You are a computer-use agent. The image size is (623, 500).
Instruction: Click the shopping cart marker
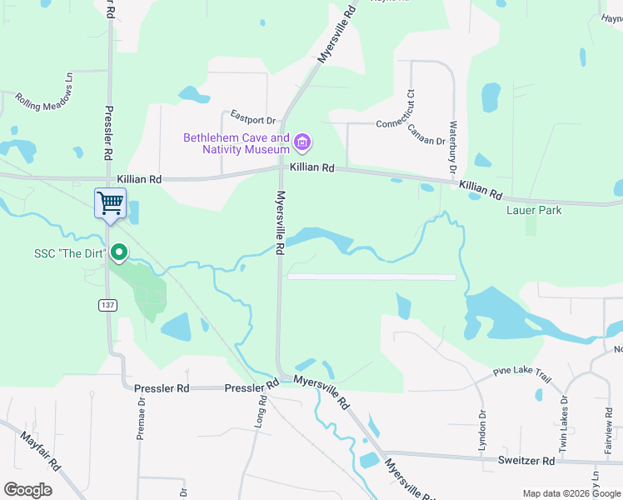pos(110,202)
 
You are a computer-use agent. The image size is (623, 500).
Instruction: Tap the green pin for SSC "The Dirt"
pos(119,252)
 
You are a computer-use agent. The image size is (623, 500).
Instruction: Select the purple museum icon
pos(302,143)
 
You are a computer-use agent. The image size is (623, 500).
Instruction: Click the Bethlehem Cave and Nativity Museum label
pos(237,143)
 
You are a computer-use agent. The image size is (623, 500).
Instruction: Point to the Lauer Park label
pos(534,210)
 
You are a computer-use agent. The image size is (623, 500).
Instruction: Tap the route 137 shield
pos(110,305)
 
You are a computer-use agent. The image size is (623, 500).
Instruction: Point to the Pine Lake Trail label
pos(522,374)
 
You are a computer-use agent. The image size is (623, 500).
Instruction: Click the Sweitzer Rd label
pos(527,460)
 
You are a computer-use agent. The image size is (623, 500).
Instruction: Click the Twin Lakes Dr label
pos(564,430)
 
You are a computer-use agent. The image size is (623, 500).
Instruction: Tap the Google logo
pos(27,490)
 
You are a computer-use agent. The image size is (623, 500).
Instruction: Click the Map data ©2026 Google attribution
pos(571,493)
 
